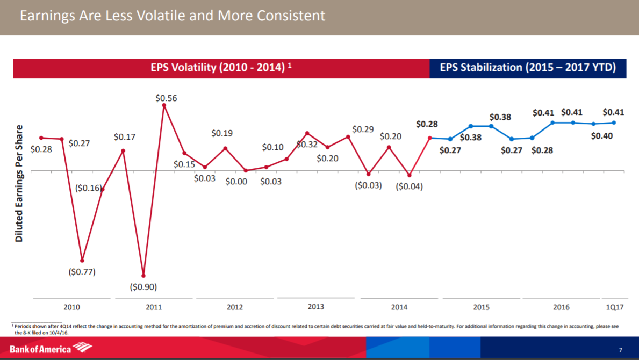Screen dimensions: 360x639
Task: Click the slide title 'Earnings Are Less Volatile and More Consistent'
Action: click(172, 16)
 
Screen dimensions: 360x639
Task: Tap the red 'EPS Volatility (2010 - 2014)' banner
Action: click(221, 68)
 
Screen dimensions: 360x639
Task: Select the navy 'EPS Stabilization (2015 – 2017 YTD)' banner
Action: click(527, 68)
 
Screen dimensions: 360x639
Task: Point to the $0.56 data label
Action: click(166, 98)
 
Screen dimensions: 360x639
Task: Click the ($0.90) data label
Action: click(143, 287)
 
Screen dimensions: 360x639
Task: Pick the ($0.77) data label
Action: click(82, 272)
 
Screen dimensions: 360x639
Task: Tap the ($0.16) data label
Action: click(88, 188)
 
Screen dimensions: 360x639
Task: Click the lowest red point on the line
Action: click(143, 276)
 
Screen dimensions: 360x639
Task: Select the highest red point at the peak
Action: click(164, 105)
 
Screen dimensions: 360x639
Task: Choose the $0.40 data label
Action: click(601, 136)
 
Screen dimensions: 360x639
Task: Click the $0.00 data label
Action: click(236, 182)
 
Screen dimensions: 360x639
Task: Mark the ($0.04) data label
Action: click(410, 186)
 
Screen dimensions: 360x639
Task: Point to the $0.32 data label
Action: click(307, 145)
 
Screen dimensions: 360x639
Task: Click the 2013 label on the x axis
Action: click(316, 306)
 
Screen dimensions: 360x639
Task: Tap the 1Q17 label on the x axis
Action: click(614, 307)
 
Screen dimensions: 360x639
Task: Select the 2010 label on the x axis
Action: click(71, 307)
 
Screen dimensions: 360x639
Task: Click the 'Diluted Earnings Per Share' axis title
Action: click(19, 183)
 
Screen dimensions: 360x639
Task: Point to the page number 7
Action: click(620, 350)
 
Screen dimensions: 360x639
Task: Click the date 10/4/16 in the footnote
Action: click(60, 333)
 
